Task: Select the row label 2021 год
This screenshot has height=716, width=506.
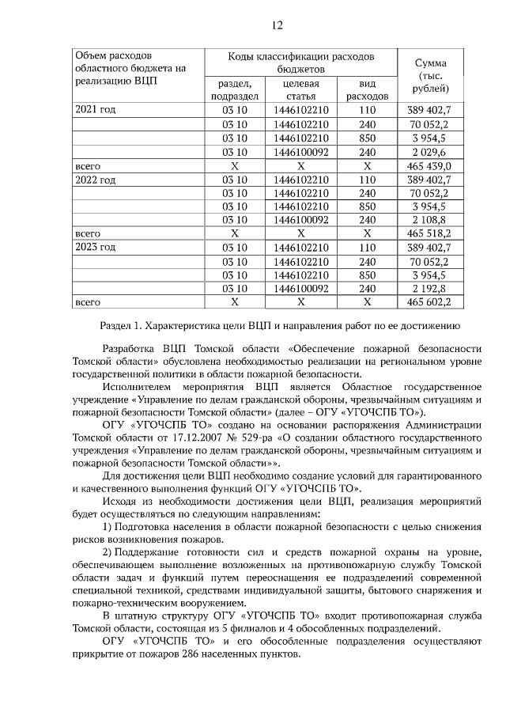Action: coord(95,109)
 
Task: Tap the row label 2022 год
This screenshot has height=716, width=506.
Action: coord(95,180)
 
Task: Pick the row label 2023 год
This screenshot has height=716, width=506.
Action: coord(95,248)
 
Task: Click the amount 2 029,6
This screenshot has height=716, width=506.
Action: coord(429,152)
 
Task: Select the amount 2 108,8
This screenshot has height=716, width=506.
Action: coord(429,220)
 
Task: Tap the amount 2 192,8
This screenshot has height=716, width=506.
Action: coord(429,289)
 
